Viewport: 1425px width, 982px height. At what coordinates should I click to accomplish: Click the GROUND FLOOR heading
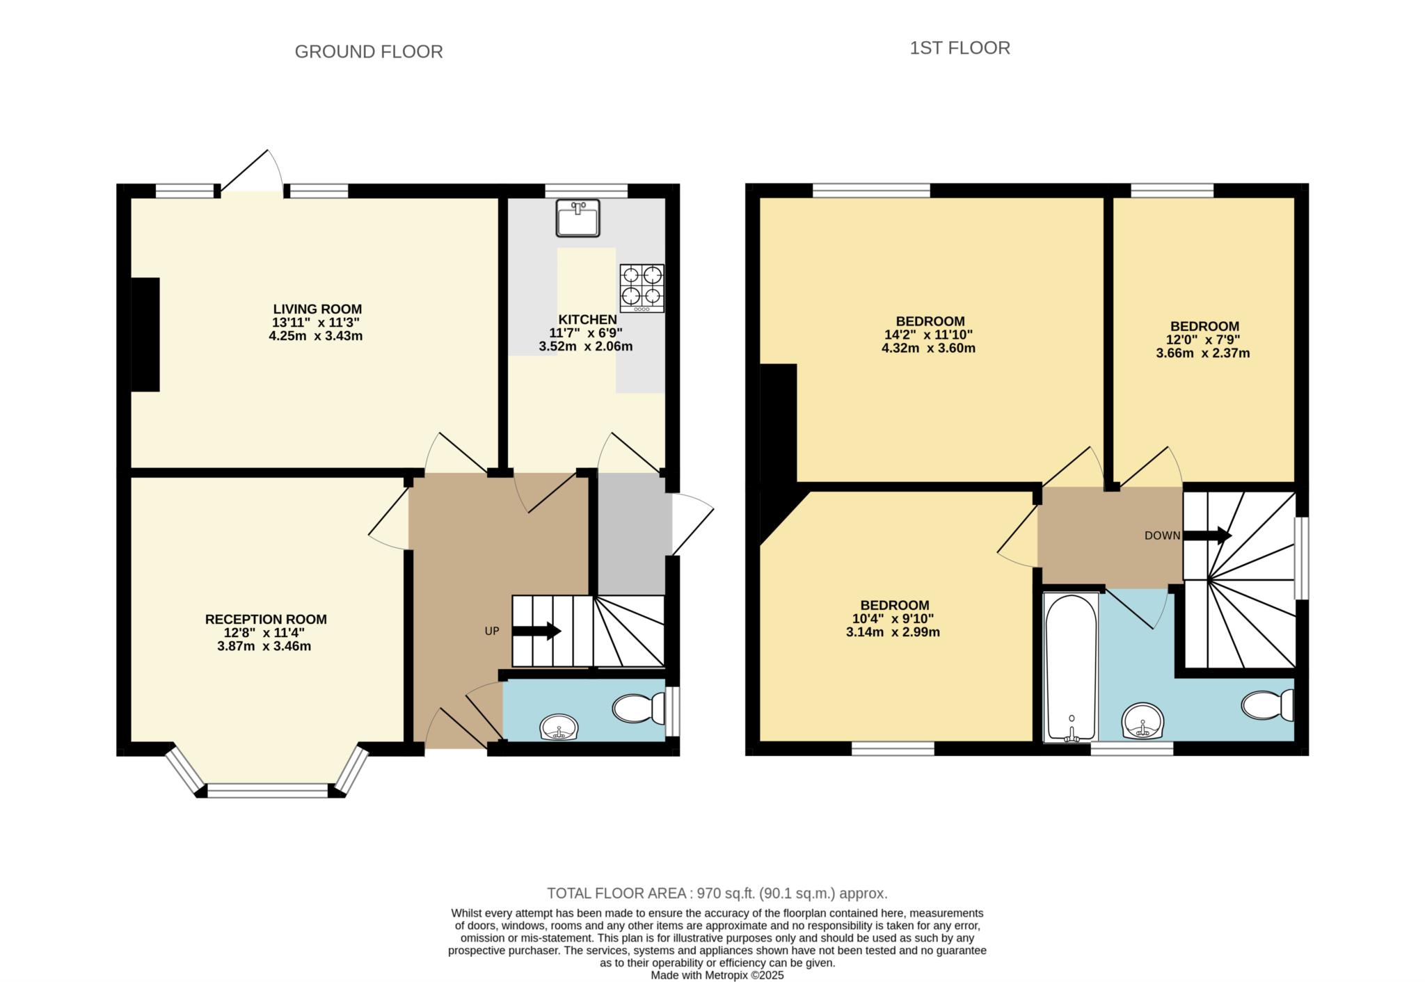click(x=369, y=51)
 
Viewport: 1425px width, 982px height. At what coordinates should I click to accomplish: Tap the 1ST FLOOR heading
click(x=960, y=48)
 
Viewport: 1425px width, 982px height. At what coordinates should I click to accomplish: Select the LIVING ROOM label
click(x=317, y=309)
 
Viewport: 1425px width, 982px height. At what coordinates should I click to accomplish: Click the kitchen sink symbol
click(x=578, y=218)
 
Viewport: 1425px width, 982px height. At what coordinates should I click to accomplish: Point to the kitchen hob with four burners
click(x=642, y=288)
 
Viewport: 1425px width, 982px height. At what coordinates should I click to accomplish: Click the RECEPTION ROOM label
click(x=266, y=620)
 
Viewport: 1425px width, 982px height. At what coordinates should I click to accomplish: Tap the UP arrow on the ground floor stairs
click(x=536, y=631)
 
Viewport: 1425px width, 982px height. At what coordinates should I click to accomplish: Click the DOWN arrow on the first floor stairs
click(x=1207, y=536)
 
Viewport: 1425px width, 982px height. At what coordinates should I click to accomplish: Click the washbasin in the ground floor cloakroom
click(x=559, y=727)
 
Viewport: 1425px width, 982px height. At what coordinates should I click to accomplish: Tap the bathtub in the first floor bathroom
click(x=1071, y=668)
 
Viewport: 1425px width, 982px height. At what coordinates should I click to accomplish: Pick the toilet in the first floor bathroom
click(x=1268, y=705)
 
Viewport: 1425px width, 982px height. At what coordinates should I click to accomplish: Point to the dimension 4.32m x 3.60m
click(x=928, y=348)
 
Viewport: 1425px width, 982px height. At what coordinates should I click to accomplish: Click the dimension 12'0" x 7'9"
click(x=1204, y=340)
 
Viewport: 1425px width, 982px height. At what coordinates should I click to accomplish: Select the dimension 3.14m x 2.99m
click(x=893, y=633)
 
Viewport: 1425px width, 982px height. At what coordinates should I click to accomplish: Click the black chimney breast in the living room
click(x=145, y=335)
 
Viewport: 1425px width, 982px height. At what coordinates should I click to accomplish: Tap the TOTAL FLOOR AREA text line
click(x=717, y=894)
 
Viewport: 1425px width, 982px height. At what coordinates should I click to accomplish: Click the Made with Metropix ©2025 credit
click(x=717, y=976)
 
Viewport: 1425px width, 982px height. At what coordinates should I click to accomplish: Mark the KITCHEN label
click(x=587, y=320)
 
